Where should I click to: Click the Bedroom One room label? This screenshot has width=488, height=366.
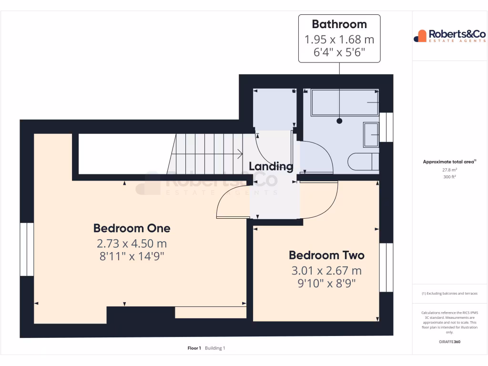coord(132,228)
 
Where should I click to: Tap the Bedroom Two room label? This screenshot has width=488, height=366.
coord(326,255)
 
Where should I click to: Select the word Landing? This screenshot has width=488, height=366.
coord(271,166)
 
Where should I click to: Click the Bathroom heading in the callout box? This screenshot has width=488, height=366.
coord(339,24)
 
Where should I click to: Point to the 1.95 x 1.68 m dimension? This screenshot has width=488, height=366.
coord(339,39)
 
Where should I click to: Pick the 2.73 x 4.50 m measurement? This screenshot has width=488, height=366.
coord(132,244)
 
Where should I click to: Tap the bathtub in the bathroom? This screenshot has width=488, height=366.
coord(345,103)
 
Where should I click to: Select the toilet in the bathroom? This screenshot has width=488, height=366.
coord(363,162)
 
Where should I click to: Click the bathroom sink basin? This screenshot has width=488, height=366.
coord(371,134)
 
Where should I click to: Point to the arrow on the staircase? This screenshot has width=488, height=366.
coord(238,153)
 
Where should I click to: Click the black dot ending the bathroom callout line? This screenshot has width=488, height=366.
coord(339,121)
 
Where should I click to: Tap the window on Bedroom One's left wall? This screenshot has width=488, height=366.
coord(27,249)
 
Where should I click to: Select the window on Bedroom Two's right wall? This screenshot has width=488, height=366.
coord(386,267)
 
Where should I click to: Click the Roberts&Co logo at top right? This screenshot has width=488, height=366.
coord(449,36)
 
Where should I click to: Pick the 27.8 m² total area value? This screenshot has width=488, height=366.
coord(449,170)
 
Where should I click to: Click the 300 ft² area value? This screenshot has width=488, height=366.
coord(449,177)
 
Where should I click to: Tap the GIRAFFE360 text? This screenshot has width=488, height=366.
coord(449,342)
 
